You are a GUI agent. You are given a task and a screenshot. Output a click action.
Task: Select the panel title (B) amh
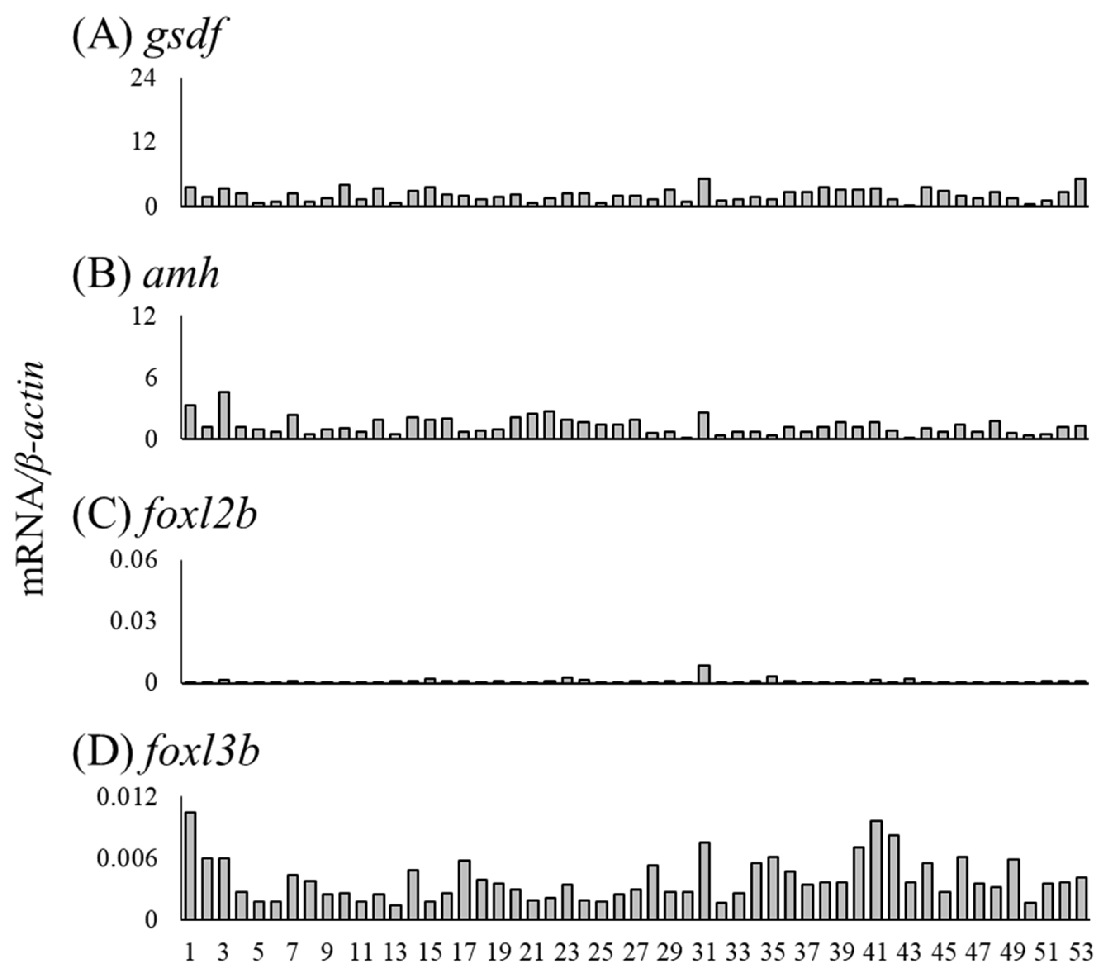146,274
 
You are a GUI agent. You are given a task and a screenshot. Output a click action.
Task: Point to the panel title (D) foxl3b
166,752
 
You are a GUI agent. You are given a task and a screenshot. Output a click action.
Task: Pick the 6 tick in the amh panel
151,377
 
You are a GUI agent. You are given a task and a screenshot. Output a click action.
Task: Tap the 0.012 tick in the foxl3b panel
126,798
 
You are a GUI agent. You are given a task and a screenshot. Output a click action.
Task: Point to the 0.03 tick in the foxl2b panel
133,621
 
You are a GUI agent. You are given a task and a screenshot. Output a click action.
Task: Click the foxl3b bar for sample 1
190,866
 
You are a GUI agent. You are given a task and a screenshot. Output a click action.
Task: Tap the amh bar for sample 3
224,415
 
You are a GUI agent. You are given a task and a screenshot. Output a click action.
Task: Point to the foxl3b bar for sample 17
464,890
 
